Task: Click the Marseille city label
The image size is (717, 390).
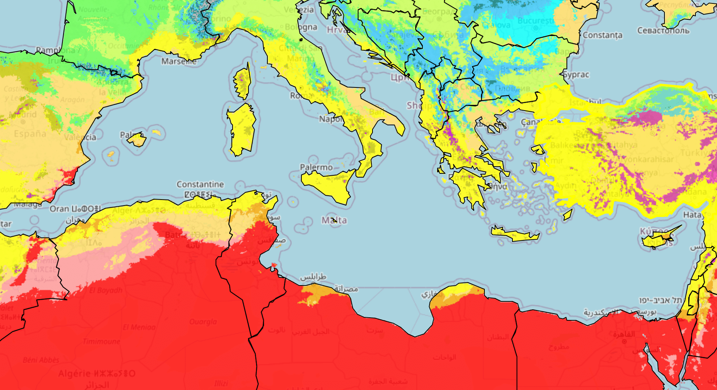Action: point(179,61)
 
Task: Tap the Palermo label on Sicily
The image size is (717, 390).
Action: point(316,167)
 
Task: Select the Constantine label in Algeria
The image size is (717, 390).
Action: point(200,184)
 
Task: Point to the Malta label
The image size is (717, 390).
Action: point(334,220)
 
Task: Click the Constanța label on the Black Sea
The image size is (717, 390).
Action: point(602,35)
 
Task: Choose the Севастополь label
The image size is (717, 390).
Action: point(663,30)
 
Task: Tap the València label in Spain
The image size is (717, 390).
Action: point(80,137)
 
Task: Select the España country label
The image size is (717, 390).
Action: point(30,134)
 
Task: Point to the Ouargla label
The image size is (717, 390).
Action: point(203,321)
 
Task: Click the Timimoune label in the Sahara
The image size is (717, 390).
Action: point(101,342)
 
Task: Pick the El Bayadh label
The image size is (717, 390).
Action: point(106,290)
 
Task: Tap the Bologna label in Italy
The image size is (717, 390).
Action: point(301,27)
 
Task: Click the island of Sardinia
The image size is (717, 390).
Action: point(241,129)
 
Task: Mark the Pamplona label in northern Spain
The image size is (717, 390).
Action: point(55,50)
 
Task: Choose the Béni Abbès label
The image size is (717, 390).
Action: point(41,360)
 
